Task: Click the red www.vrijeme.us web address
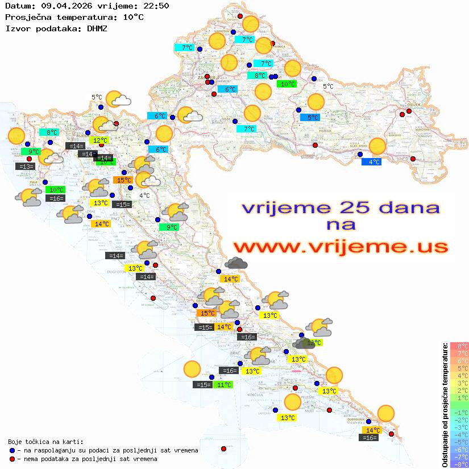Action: point(341,247)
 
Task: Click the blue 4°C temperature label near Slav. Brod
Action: point(371,161)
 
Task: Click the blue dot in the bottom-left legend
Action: point(13,450)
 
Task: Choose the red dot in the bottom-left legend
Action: point(13,459)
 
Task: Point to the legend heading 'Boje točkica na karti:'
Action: point(45,442)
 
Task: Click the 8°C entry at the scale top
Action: point(459,346)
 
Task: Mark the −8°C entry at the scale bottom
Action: point(459,464)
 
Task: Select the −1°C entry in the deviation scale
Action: point(459,412)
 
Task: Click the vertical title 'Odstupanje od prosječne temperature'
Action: point(445,405)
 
